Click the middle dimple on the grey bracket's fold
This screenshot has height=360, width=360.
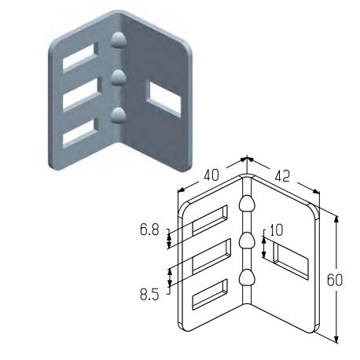pyautogui.click(x=118, y=77)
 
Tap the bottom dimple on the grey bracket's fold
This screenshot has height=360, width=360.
pyautogui.click(x=119, y=116)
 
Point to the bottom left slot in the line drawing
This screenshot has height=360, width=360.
pyautogui.click(x=210, y=293)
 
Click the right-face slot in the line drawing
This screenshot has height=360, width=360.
pyautogui.click(x=292, y=260)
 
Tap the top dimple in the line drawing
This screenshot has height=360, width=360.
pyautogui.click(x=248, y=204)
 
